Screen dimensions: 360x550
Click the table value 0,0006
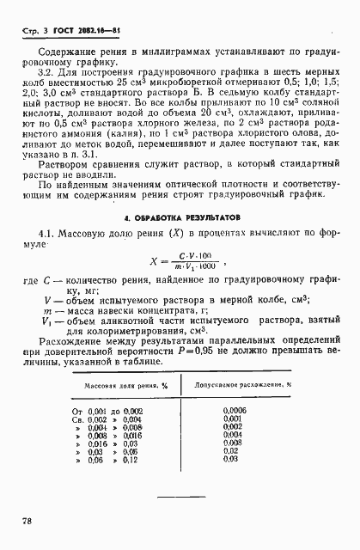coord(234,412)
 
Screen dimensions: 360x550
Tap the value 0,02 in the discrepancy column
coord(230,453)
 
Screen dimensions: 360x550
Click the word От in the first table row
coord(75,412)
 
